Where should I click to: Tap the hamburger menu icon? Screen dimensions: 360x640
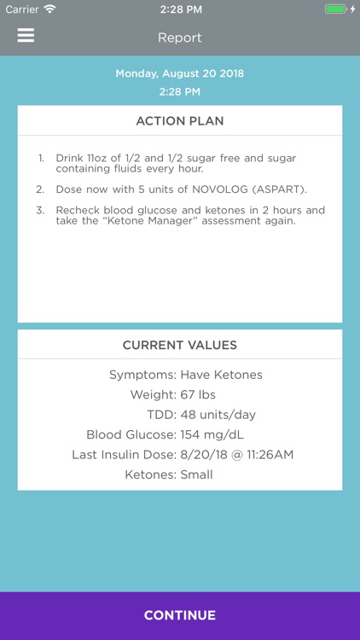[26, 35]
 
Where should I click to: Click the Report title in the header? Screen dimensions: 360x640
[179, 38]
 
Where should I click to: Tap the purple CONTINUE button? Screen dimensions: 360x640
[180, 615]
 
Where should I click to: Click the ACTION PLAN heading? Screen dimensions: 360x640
[180, 121]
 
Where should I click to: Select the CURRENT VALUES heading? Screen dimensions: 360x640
[180, 346]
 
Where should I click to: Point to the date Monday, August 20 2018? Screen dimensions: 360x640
[180, 73]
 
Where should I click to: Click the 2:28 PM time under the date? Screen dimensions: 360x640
[180, 91]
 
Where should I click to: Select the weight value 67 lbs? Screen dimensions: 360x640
[197, 395]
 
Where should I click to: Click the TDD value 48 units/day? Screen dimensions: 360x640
[218, 415]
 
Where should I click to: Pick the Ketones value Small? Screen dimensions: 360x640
[196, 474]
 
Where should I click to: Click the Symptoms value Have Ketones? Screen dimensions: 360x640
[221, 375]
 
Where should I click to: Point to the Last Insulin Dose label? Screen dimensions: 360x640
[124, 455]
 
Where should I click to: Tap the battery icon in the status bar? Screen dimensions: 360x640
[335, 9]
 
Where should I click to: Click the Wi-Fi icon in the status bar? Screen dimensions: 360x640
[49, 9]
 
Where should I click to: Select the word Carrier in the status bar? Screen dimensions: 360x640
[22, 9]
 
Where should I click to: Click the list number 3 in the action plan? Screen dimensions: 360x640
[40, 211]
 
